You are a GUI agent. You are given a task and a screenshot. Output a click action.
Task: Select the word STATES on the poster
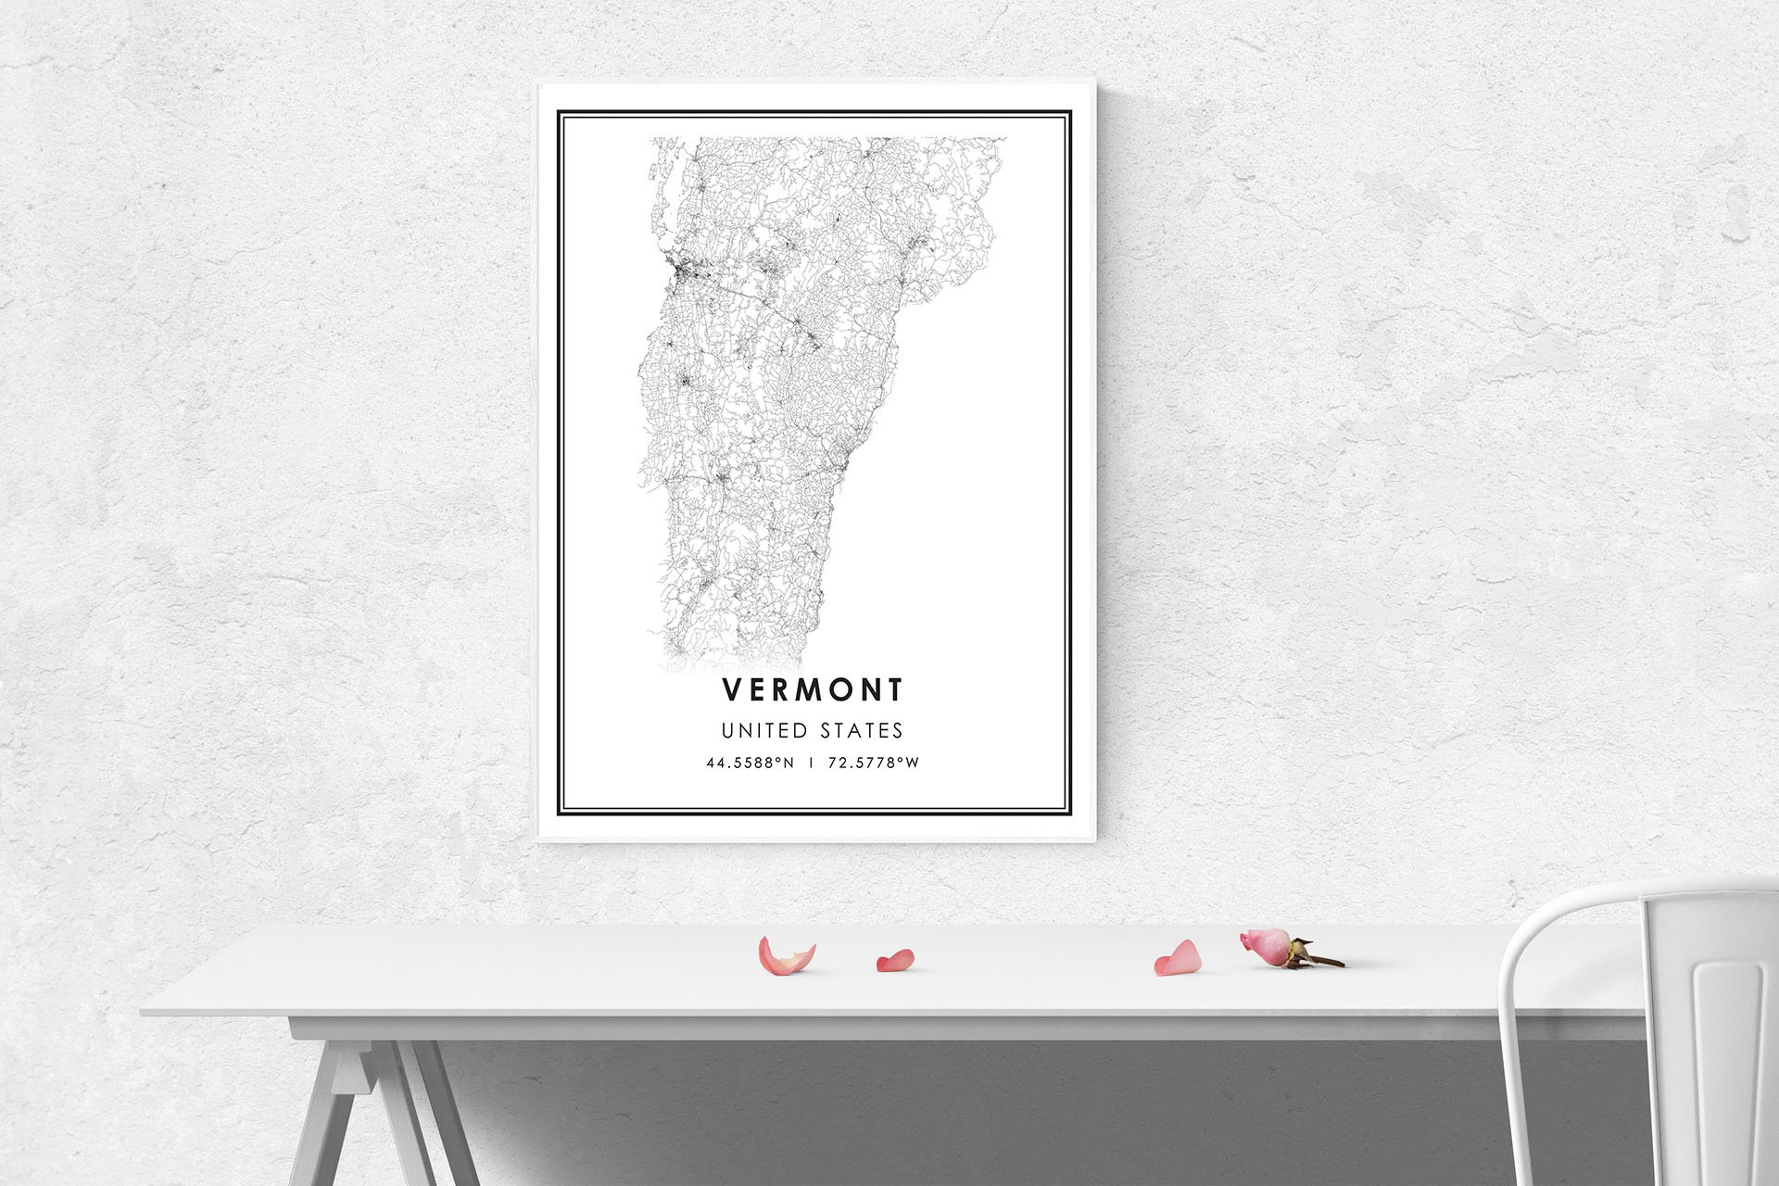tap(861, 731)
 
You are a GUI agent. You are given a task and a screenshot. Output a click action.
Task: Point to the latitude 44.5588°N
tap(750, 764)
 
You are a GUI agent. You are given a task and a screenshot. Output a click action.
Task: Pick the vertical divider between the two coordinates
tap(812, 764)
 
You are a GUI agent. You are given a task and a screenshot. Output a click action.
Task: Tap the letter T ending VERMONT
tap(894, 689)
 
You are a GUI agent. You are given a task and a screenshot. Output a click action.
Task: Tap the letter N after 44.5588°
tap(790, 764)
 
